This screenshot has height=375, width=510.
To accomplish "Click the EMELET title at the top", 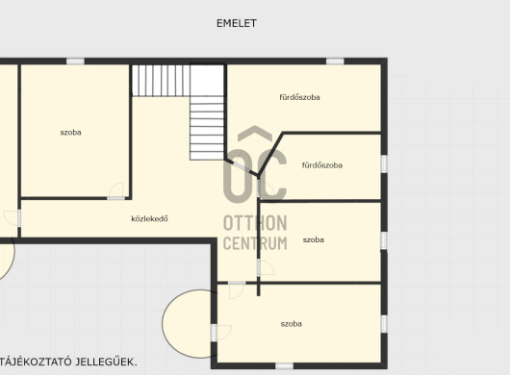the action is click(x=237, y=23).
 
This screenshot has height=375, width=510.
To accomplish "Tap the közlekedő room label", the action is click(x=149, y=218).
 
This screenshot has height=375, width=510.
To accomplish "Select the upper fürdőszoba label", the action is click(x=299, y=97).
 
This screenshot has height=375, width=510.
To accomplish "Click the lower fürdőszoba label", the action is click(x=322, y=165).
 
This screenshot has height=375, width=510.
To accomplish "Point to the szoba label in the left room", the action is click(x=70, y=133).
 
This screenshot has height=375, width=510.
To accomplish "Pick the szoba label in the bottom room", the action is click(x=292, y=324).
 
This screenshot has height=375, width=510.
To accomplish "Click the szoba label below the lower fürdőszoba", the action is click(x=314, y=239).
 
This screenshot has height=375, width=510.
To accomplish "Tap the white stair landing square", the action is click(x=207, y=80).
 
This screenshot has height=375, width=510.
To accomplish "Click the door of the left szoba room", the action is click(x=115, y=191).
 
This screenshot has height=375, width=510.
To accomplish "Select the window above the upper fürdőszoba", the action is click(x=335, y=62).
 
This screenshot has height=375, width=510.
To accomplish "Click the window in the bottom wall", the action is click(x=284, y=366).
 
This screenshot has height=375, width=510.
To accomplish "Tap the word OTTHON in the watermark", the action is click(x=255, y=223).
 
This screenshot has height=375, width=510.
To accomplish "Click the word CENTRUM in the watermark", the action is click(x=255, y=243).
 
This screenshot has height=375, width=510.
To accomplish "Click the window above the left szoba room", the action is click(x=75, y=62).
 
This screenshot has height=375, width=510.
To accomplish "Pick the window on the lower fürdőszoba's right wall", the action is click(x=384, y=163).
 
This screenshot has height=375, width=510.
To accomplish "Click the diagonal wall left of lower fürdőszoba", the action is click(x=270, y=155).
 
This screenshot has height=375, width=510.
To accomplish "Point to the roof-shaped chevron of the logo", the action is click(x=255, y=134).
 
